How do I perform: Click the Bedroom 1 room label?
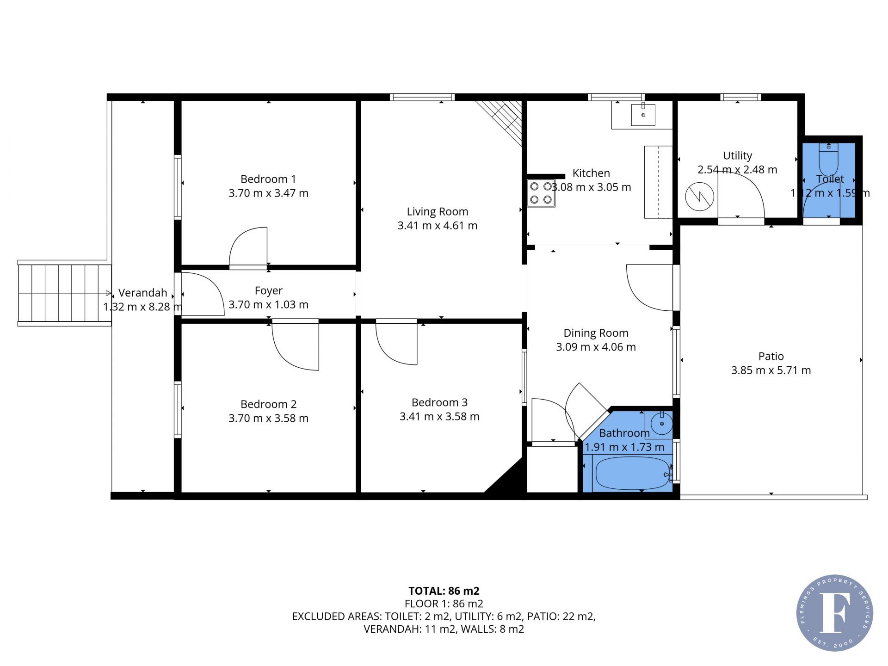coord(268,179)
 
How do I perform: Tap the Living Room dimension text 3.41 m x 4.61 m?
coord(438,226)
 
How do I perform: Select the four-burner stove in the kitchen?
coord(541,193)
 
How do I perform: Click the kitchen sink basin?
coord(643,115)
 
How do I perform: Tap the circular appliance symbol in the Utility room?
coord(699,197)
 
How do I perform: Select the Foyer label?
coord(268,290)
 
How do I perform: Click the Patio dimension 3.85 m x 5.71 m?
coord(771,370)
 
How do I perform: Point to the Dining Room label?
coord(596,333)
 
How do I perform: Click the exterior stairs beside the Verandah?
coord(65,293)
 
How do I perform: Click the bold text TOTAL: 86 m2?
coord(444,591)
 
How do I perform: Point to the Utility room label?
coord(737,155)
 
